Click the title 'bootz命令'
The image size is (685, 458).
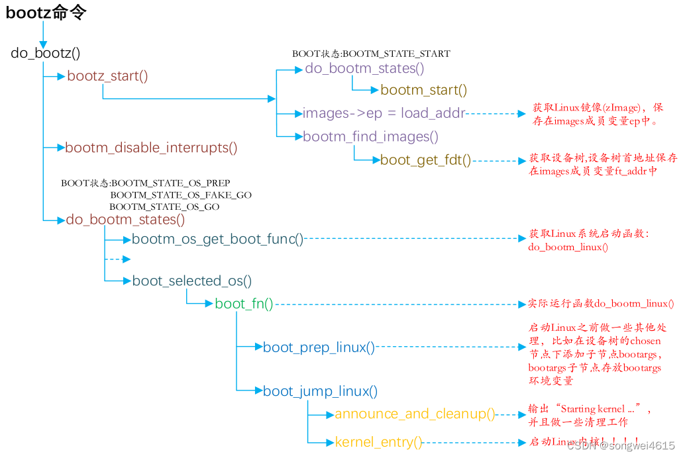46,12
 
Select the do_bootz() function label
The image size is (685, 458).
46,53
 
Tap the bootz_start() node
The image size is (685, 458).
107,75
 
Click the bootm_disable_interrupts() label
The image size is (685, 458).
151,148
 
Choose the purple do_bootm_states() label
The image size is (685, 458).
364,68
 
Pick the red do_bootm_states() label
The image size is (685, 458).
125,219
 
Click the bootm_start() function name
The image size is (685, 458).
424,90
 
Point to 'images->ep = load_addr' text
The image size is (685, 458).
384,113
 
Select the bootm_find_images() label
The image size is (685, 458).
370,137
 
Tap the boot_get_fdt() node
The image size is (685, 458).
426,160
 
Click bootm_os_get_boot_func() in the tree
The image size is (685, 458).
217,239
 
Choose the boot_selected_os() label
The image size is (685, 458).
192,281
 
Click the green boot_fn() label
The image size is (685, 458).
244,304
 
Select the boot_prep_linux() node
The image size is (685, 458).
319,347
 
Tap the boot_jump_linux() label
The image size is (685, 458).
320,391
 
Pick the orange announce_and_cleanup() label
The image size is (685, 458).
415,414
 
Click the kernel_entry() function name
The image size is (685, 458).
378,442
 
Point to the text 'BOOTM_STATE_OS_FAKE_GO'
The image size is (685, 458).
181,195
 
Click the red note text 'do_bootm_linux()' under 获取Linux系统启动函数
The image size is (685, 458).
568,247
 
